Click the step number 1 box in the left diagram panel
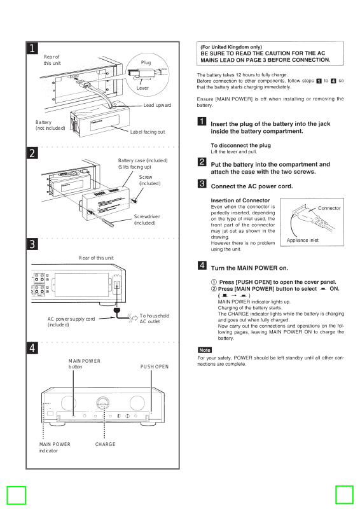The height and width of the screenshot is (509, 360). pos(32,48)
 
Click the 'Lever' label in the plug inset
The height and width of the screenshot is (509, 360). pos(142,88)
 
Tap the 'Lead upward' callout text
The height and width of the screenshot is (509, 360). pos(158,105)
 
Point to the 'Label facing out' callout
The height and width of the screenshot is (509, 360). pos(148,132)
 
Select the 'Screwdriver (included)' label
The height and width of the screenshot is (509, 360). pos(147,220)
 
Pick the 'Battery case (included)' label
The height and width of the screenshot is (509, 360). pos(143,161)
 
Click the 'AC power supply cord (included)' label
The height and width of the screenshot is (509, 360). pos(71,322)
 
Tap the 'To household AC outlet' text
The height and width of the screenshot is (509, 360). pos(155,319)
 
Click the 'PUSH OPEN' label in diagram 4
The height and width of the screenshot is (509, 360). pos(155,366)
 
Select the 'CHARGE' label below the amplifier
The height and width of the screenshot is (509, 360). pos(105,444)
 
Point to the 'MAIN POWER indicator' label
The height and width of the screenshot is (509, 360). pos(55,447)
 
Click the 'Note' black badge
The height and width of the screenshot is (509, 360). pos(205,350)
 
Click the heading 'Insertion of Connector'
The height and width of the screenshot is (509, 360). pos(240,200)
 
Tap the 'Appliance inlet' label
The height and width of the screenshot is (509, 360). pos(303,241)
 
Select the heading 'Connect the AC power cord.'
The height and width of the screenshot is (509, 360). pos(252,186)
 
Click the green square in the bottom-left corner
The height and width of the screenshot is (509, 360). pos(17,495)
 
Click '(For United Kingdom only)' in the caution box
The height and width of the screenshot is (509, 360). pos(231,47)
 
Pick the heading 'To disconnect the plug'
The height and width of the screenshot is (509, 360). pos(240,146)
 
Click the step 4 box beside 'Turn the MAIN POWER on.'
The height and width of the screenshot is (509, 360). pos(202,265)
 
